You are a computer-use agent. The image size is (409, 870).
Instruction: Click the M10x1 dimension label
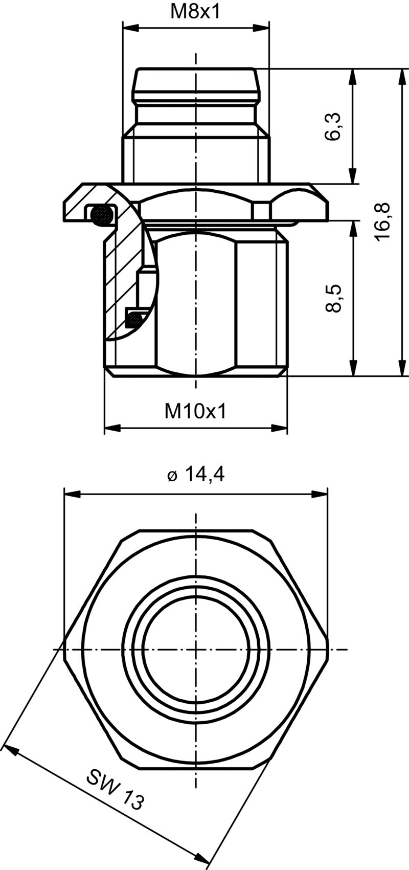[195, 411]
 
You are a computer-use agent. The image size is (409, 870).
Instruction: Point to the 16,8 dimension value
[382, 221]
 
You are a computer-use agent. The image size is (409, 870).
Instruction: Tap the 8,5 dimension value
[333, 298]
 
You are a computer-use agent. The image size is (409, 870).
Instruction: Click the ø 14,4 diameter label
[196, 475]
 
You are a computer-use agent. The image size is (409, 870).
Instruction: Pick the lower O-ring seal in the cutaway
[134, 318]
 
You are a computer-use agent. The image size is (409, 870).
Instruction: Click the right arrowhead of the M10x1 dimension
[281, 428]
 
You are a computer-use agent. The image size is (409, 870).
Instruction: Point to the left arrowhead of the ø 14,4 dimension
[70, 494]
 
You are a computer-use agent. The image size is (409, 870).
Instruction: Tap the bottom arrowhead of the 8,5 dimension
[352, 370]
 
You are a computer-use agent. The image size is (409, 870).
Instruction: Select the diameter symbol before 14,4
[172, 476]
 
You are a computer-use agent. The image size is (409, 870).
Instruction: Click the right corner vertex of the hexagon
[328, 650]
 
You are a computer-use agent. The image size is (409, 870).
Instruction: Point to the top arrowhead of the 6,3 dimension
[352, 76]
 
